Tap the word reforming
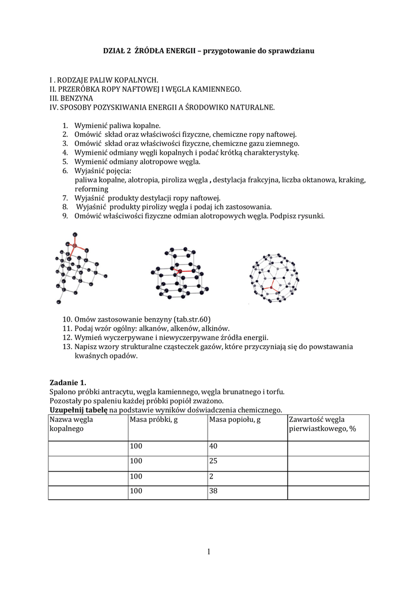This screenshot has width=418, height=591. coord(91,189)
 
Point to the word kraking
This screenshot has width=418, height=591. coord(352,180)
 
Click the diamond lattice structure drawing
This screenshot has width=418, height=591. coord(80,268)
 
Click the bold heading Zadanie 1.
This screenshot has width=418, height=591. coord(67,383)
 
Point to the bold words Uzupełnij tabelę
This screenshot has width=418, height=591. coord(75,410)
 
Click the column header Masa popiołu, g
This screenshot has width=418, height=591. coord(235,420)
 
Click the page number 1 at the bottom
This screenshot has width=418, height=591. coord(209,552)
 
